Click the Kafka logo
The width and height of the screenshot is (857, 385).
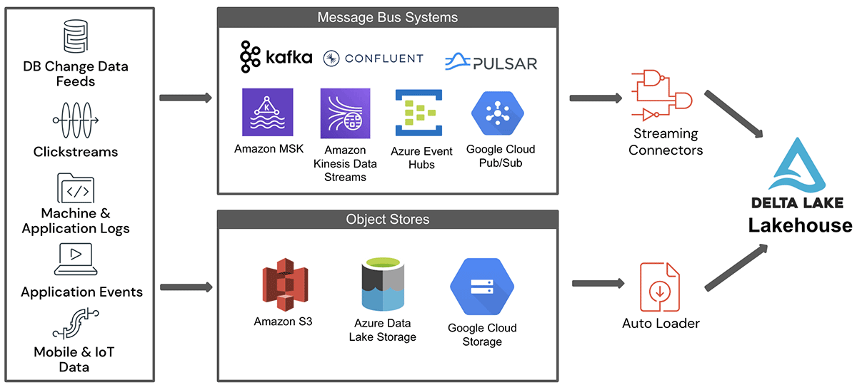coord(276,57)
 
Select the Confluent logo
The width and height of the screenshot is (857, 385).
coord(373,58)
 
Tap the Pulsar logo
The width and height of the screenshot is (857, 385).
coord(491,62)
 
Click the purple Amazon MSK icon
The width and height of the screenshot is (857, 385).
coord(268,112)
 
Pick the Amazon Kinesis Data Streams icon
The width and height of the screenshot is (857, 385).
coord(346,113)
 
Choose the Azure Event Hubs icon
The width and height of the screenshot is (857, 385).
coord(415,113)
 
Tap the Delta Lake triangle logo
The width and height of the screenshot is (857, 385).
coord(800,165)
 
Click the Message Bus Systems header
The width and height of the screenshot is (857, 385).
coord(388,17)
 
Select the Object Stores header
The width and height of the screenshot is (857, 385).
coord(388,219)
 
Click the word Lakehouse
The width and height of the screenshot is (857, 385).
coord(800,225)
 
